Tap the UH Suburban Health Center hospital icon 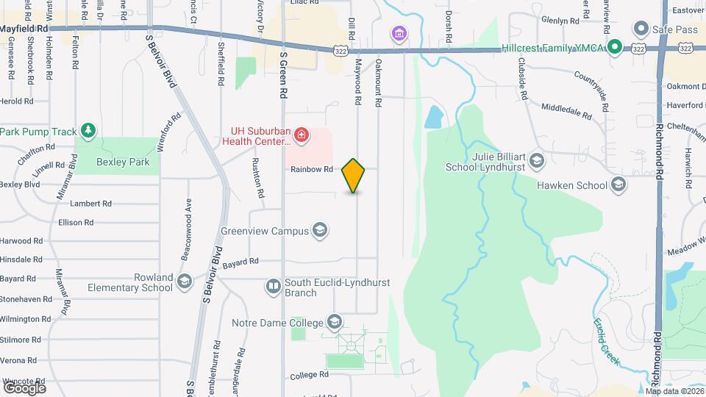[x=300, y=134]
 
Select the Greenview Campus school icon [x=319, y=231]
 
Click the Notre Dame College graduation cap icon [x=335, y=323]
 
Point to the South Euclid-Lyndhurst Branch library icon [x=273, y=286]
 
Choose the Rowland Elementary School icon [x=184, y=282]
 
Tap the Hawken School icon [x=618, y=185]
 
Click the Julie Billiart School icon [x=537, y=160]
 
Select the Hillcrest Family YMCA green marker [x=615, y=48]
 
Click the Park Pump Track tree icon [x=88, y=131]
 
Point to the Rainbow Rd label [x=312, y=169]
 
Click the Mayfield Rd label [x=24, y=29]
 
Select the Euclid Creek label [x=607, y=342]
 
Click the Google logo [x=24, y=387]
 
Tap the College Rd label [x=307, y=375]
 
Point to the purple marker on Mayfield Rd [x=399, y=33]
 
